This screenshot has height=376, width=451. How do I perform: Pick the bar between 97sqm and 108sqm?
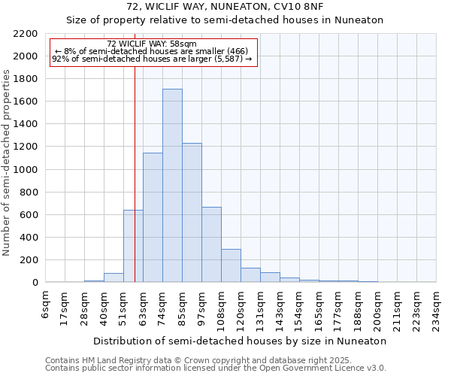point(211,244)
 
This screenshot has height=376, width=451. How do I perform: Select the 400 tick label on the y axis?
point(30,238)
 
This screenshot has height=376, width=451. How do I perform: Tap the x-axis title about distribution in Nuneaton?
point(241,341)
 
